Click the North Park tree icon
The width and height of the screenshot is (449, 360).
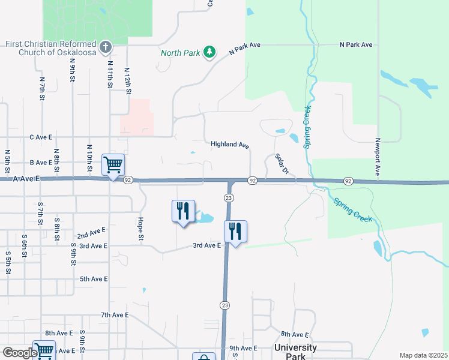[209, 52]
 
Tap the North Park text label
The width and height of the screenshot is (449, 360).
[180, 53]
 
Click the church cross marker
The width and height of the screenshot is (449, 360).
[105, 47]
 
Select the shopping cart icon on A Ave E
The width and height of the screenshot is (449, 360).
[113, 163]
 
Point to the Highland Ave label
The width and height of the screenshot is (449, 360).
[230, 145]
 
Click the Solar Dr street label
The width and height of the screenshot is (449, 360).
[282, 164]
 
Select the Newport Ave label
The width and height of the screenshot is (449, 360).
[378, 158]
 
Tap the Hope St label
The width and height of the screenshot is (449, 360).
[141, 229]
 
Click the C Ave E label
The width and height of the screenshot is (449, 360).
[41, 137]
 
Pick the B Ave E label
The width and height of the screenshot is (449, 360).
[41, 163]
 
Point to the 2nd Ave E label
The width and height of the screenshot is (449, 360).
[91, 231]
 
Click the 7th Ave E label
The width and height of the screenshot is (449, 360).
[115, 315]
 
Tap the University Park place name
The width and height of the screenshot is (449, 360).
[295, 352]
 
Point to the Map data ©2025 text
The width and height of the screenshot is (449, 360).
[423, 355]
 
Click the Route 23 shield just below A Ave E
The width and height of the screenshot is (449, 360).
[228, 197]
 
